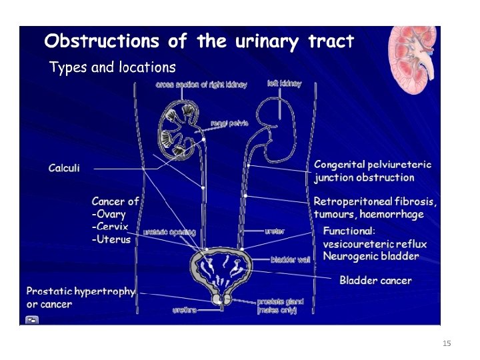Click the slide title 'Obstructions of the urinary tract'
pyautogui.click(x=199, y=41)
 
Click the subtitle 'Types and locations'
pyautogui.click(x=113, y=67)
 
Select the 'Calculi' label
pyautogui.click(x=64, y=168)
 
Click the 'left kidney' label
pyautogui.click(x=284, y=84)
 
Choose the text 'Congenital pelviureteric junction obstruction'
pyautogui.click(x=373, y=171)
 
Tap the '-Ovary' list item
pyautogui.click(x=109, y=214)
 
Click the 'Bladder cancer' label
pyautogui.click(x=375, y=280)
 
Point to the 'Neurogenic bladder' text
pyautogui.click(x=371, y=256)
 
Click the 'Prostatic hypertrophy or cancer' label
pyautogui.click(x=80, y=297)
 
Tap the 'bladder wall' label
pyautogui.click(x=289, y=259)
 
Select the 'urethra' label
pyautogui.click(x=185, y=310)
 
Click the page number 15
pyautogui.click(x=447, y=343)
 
